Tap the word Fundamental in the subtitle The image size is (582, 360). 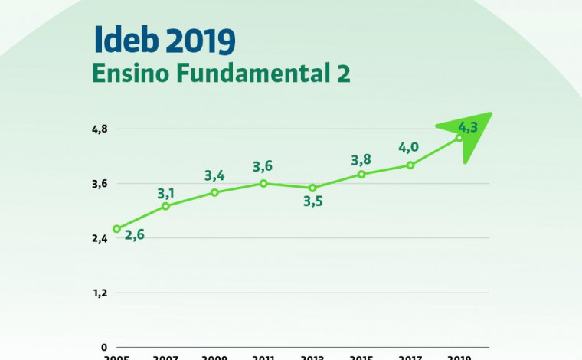(x=252, y=74)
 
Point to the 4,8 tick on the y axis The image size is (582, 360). (x=100, y=129)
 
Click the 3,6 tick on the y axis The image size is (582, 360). (x=100, y=184)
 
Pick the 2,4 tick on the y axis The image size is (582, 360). (x=100, y=238)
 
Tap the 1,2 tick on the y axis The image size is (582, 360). (x=100, y=293)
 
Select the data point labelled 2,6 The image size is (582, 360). (x=116, y=228)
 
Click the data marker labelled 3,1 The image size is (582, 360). (x=165, y=206)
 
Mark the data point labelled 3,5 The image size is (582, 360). (x=312, y=188)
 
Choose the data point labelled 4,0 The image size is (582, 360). (x=410, y=165)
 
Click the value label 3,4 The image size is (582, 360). (x=214, y=176)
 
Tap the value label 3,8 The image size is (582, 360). (x=361, y=160)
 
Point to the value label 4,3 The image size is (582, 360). (x=467, y=127)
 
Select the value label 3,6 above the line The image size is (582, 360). (x=263, y=167)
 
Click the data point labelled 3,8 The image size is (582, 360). (x=361, y=174)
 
